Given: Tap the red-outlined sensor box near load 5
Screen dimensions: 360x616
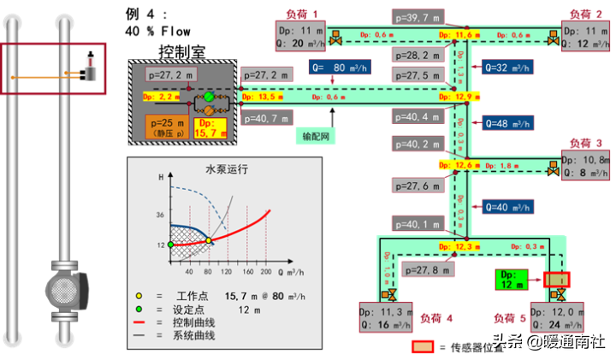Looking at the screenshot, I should tap(556, 279).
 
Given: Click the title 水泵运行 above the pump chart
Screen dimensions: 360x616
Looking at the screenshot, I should tap(226, 169).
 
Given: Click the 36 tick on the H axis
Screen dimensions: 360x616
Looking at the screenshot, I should tap(159, 215).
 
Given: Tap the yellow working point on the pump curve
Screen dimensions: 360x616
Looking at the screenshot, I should tap(209, 240).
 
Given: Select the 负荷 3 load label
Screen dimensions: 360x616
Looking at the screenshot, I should tap(585, 143).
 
